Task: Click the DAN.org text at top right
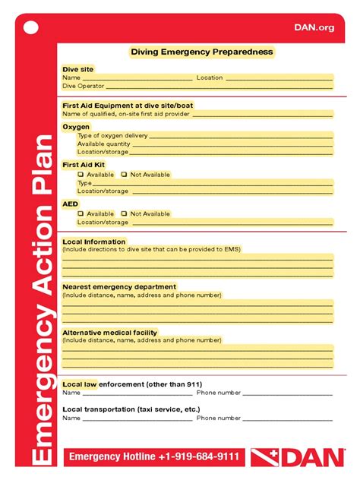coord(314,27)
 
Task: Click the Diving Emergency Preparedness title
coord(201,52)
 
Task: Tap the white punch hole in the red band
coord(30,28)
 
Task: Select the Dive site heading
coord(77,69)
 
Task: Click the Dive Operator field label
coord(84,86)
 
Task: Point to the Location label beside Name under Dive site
coord(210,77)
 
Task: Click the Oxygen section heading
coord(76,127)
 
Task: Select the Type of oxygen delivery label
coord(112,135)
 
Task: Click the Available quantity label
coord(104,144)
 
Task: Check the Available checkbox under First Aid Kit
coord(81,175)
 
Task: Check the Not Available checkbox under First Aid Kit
coord(125,175)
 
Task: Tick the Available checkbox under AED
coord(81,214)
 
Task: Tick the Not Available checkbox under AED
coord(125,214)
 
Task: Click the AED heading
coord(70,204)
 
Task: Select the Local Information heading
coord(93,242)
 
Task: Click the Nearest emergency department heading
coord(119,287)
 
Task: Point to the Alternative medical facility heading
coord(110,333)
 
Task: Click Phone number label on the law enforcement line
coord(219,393)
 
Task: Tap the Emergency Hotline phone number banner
coord(154,456)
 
